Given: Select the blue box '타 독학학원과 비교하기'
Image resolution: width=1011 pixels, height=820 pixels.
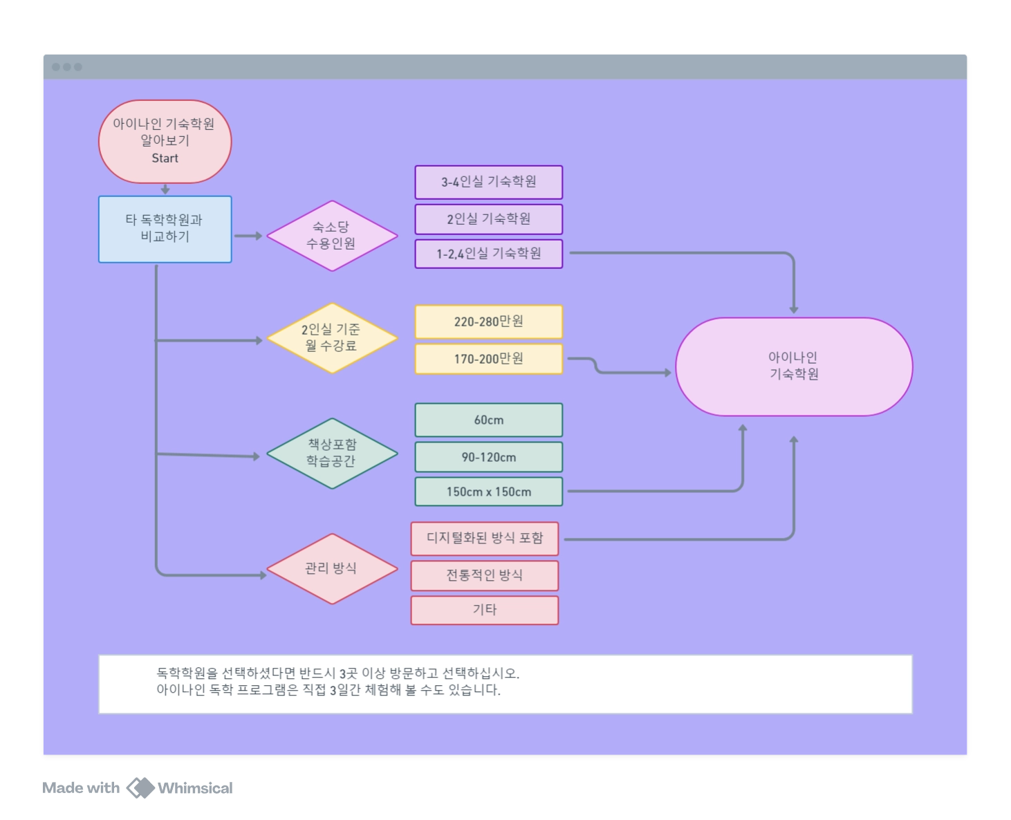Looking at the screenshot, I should pos(165,229).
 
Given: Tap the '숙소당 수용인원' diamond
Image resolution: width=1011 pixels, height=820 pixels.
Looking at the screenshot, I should pos(332,236).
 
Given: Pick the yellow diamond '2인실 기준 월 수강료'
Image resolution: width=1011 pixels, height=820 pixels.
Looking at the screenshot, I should pos(332,338).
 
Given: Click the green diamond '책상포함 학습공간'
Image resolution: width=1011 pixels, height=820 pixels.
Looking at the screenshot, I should pos(332,454).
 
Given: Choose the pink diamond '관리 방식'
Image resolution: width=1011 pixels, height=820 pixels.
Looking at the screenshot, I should pos(332,568).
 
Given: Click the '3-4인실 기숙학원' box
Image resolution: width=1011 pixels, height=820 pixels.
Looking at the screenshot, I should pos(488,182).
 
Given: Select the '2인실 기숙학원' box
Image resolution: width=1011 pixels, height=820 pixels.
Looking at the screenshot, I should pos(488,219).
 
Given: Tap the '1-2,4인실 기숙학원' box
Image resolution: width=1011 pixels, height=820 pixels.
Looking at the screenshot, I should pos(488,254).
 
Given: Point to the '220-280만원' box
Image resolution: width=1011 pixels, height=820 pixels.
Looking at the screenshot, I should pos(488,322).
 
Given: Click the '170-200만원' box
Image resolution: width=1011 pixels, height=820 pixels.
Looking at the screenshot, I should pos(488,359).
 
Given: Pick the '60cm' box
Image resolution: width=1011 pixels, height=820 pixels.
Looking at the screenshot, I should pos(488,420).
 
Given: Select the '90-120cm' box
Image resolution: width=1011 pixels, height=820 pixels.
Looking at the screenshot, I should pos(488,457).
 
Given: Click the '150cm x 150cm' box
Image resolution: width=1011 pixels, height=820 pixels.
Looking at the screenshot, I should pos(488,492).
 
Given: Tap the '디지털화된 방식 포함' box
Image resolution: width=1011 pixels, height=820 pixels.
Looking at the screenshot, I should pos(484,539).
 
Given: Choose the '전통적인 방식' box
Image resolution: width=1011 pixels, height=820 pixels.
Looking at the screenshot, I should pos(484,575).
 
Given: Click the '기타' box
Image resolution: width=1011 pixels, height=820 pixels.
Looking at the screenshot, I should pos(484,610).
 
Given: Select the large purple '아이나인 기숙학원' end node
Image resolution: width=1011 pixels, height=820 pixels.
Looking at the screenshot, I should pos(794,366).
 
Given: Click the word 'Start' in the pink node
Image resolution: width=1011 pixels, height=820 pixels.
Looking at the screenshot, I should pos(165,158).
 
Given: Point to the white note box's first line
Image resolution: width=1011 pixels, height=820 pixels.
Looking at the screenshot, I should pos(337,673).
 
